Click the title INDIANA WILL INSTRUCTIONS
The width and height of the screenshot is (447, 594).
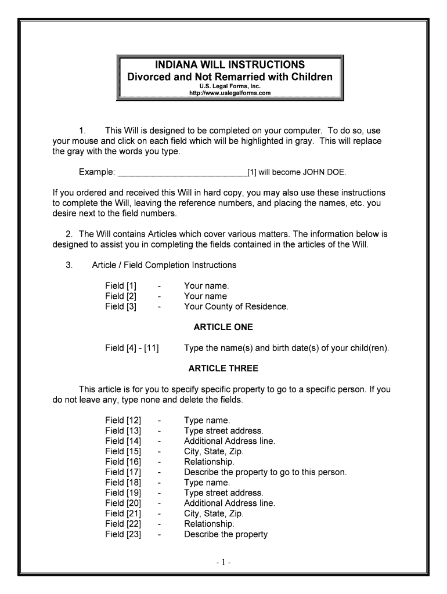coord(230,64)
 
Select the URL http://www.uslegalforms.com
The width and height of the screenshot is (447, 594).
coord(230,93)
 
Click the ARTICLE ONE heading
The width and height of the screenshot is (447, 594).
coord(223,327)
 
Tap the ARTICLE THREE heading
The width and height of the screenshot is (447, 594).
coord(223,368)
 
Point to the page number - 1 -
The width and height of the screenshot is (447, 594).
coord(223,563)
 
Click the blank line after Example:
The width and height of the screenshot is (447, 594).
coord(182,172)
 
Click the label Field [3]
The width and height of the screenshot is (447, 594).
coord(121,307)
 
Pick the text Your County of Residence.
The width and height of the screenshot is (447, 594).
coord(236,307)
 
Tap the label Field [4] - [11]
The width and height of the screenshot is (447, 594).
coord(132,348)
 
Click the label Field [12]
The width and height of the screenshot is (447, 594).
coord(123,420)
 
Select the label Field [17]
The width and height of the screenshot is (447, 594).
coord(123,472)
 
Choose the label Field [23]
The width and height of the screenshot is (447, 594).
coord(123,534)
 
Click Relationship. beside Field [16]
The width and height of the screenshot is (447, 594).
coord(209,462)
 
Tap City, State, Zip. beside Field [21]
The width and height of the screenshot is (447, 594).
coord(214,513)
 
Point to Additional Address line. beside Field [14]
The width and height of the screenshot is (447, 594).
coord(229,441)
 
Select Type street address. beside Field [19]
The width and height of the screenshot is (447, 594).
coord(223,493)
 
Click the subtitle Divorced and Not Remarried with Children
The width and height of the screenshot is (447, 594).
coord(230,77)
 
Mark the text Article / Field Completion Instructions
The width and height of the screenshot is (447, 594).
coord(164,265)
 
